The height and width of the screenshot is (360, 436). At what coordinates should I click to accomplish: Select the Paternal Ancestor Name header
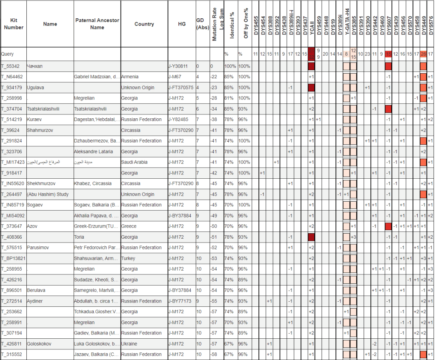[97, 24]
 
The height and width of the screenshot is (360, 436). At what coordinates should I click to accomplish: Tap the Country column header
[144, 24]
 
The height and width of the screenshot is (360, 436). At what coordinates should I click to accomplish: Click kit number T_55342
[10, 66]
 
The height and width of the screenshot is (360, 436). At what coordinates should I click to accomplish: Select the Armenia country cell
[130, 77]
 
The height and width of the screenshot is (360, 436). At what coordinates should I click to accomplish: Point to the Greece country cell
[129, 226]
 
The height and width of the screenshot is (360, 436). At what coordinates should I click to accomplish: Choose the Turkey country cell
[128, 258]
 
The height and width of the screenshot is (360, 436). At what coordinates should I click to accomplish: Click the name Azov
[32, 226]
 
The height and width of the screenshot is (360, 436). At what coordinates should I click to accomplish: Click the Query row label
[7, 54]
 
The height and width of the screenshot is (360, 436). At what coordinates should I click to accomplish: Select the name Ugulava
[35, 88]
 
